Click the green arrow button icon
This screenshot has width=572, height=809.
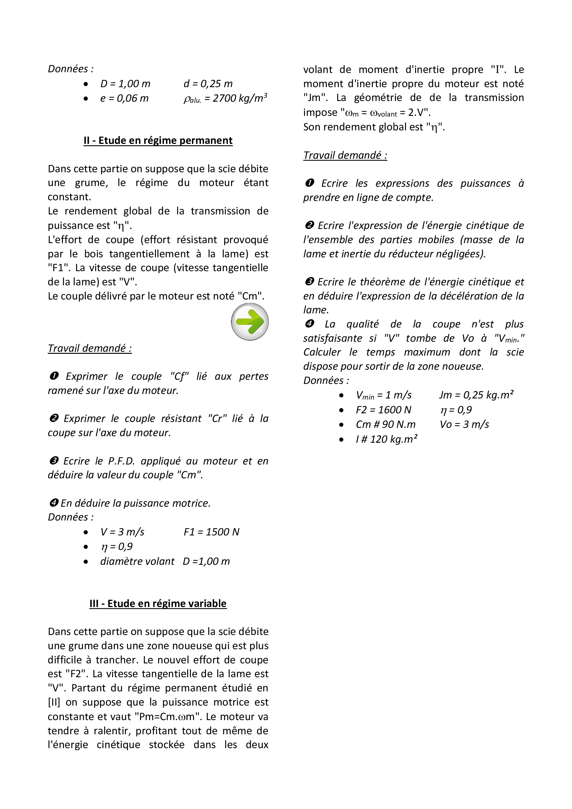pyautogui.click(x=250, y=321)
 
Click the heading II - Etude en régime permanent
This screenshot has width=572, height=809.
pyautogui.click(x=158, y=140)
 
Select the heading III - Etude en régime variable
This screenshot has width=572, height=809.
pyautogui.click(x=158, y=603)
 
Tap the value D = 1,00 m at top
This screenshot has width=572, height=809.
pyautogui.click(x=125, y=83)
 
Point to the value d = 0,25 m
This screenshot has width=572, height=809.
pyautogui.click(x=208, y=83)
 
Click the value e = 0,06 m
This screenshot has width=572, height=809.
pyautogui.click(x=124, y=98)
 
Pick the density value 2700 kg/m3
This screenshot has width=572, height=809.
pyautogui.click(x=225, y=98)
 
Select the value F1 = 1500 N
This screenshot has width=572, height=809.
pyautogui.click(x=211, y=532)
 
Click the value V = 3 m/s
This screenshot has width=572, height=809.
pyautogui.click(x=122, y=532)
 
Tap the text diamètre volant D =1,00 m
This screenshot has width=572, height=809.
pyautogui.click(x=165, y=561)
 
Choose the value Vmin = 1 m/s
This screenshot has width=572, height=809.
pyautogui.click(x=384, y=395)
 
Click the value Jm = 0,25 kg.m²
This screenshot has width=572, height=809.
pyautogui.click(x=476, y=395)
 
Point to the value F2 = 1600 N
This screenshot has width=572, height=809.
pyautogui.click(x=384, y=410)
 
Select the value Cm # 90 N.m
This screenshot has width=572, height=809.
pyautogui.click(x=386, y=424)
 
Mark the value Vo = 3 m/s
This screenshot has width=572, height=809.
pyautogui.click(x=464, y=424)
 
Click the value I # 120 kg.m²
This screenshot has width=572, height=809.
pyautogui.click(x=386, y=439)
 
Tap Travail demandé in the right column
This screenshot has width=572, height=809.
pyautogui.click(x=345, y=155)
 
